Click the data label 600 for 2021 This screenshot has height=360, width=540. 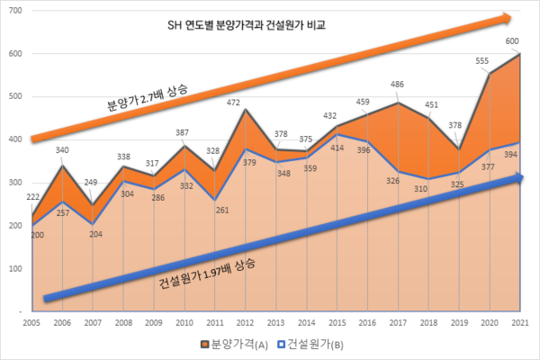click(510, 40)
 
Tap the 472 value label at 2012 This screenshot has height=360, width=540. click(231, 102)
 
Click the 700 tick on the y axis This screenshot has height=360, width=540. click(16, 11)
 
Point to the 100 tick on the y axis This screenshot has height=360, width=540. click(16, 268)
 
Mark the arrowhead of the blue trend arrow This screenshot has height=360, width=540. click(519, 179)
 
